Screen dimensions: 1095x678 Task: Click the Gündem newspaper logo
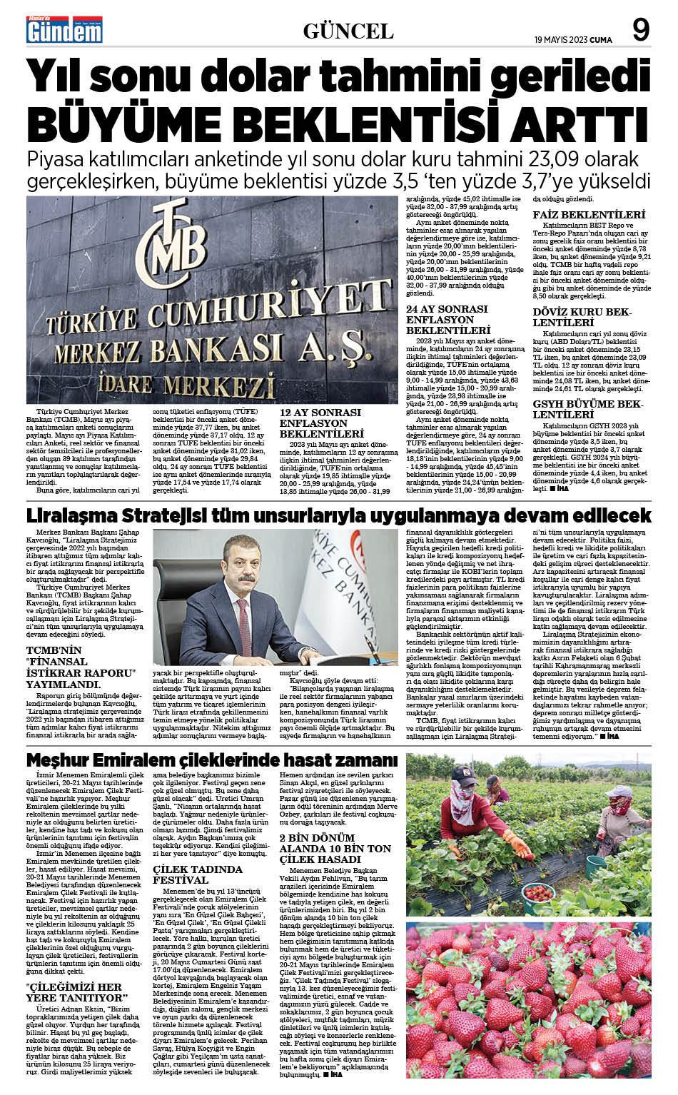pos(64,29)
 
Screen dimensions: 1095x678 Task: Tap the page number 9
pos(640,31)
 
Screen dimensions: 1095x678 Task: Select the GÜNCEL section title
pos(348,31)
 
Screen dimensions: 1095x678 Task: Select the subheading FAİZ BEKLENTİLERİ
pos(589,214)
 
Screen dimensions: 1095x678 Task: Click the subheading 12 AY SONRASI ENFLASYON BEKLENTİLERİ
pos(321,423)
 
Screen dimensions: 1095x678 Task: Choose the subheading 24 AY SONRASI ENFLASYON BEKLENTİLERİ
pos(447,320)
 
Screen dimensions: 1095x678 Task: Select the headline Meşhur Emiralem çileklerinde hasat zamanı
pos(212,760)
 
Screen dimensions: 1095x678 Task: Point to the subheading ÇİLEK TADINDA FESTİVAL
pos(198,875)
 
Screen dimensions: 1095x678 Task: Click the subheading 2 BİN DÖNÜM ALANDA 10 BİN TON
pos(335,848)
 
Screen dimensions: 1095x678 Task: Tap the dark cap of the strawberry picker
pos(464,774)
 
